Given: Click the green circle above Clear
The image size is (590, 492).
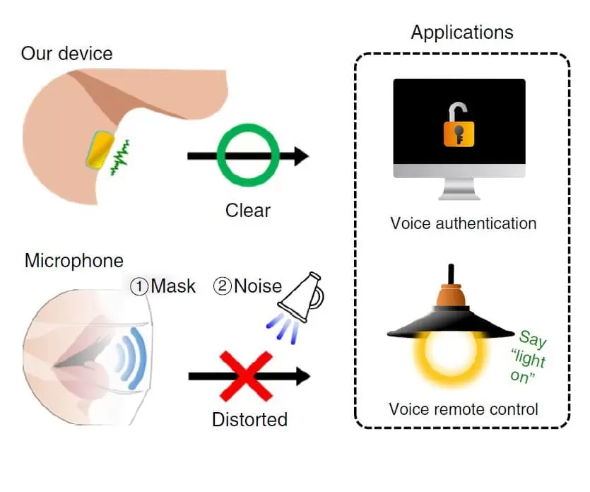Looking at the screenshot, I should [247, 156].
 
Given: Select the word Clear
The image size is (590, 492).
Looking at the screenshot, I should [247, 210].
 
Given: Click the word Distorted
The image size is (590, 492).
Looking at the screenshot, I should [249, 419].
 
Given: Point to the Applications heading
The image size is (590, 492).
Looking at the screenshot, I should [462, 33].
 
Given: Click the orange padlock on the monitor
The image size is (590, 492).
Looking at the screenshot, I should [458, 127].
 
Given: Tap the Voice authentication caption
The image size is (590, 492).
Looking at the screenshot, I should [463, 223].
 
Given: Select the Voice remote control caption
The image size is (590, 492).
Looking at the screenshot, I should [463, 409].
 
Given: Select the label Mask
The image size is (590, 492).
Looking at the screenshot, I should [163, 286].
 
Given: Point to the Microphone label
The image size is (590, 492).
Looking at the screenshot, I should [73, 260].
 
